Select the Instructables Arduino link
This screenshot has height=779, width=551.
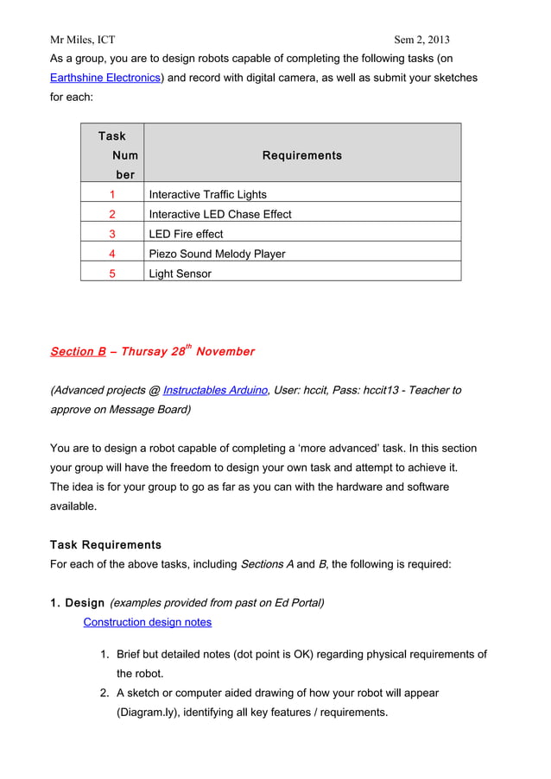(x=215, y=390)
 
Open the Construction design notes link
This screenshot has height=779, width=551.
(x=147, y=622)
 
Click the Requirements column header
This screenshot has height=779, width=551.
(x=301, y=155)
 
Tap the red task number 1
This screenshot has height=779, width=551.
(x=112, y=194)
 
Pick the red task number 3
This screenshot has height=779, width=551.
(x=112, y=234)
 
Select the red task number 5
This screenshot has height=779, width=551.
(x=112, y=273)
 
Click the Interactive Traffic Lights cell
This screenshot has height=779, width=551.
(x=207, y=194)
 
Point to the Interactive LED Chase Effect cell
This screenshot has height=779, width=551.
(x=220, y=214)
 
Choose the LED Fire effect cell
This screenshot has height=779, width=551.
(x=186, y=234)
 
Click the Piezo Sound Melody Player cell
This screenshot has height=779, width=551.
(x=217, y=254)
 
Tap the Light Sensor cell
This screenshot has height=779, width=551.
(x=180, y=273)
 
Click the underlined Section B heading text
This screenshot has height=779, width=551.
(x=78, y=351)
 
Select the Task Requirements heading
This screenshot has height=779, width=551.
(x=105, y=545)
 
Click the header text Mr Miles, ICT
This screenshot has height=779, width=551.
(x=82, y=40)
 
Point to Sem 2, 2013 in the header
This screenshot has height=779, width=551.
(x=421, y=40)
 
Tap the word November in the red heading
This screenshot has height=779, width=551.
(x=225, y=351)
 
